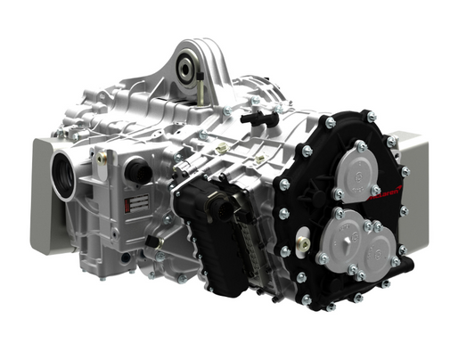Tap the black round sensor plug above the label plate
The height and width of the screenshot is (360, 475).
pyautogui.click(x=138, y=170)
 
